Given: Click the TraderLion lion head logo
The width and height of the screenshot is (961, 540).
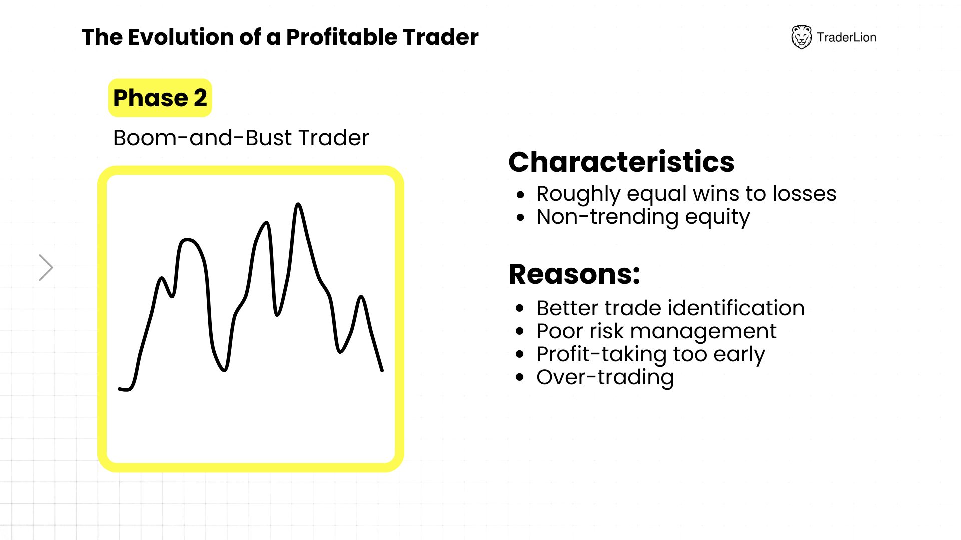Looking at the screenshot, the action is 801,37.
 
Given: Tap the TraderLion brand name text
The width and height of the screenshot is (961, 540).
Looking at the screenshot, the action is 846,37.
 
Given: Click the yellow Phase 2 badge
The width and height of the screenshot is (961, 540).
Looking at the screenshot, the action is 160,98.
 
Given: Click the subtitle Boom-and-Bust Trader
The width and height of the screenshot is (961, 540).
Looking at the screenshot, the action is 241,138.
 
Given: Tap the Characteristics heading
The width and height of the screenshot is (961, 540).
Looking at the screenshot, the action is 621,162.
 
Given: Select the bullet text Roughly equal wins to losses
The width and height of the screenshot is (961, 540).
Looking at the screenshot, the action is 686,194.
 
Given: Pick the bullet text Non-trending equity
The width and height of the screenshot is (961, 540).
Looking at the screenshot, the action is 643,217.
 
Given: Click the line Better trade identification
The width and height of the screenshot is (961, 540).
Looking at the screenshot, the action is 670,308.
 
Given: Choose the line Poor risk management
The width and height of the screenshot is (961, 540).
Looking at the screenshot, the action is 656,331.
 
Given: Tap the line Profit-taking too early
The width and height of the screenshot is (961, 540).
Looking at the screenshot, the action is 651,354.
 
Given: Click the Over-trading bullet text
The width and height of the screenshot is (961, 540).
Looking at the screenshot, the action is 605,377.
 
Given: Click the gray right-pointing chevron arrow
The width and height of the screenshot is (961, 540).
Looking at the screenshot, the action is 46,267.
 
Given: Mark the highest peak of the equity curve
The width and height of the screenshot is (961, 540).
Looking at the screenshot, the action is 298,204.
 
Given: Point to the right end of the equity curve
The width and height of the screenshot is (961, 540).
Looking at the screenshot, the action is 382,371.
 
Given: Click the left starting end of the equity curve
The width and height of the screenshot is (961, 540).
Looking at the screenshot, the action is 119,388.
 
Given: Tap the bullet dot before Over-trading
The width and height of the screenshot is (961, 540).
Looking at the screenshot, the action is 520,377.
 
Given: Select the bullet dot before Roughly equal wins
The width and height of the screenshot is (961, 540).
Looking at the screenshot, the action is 521,194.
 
